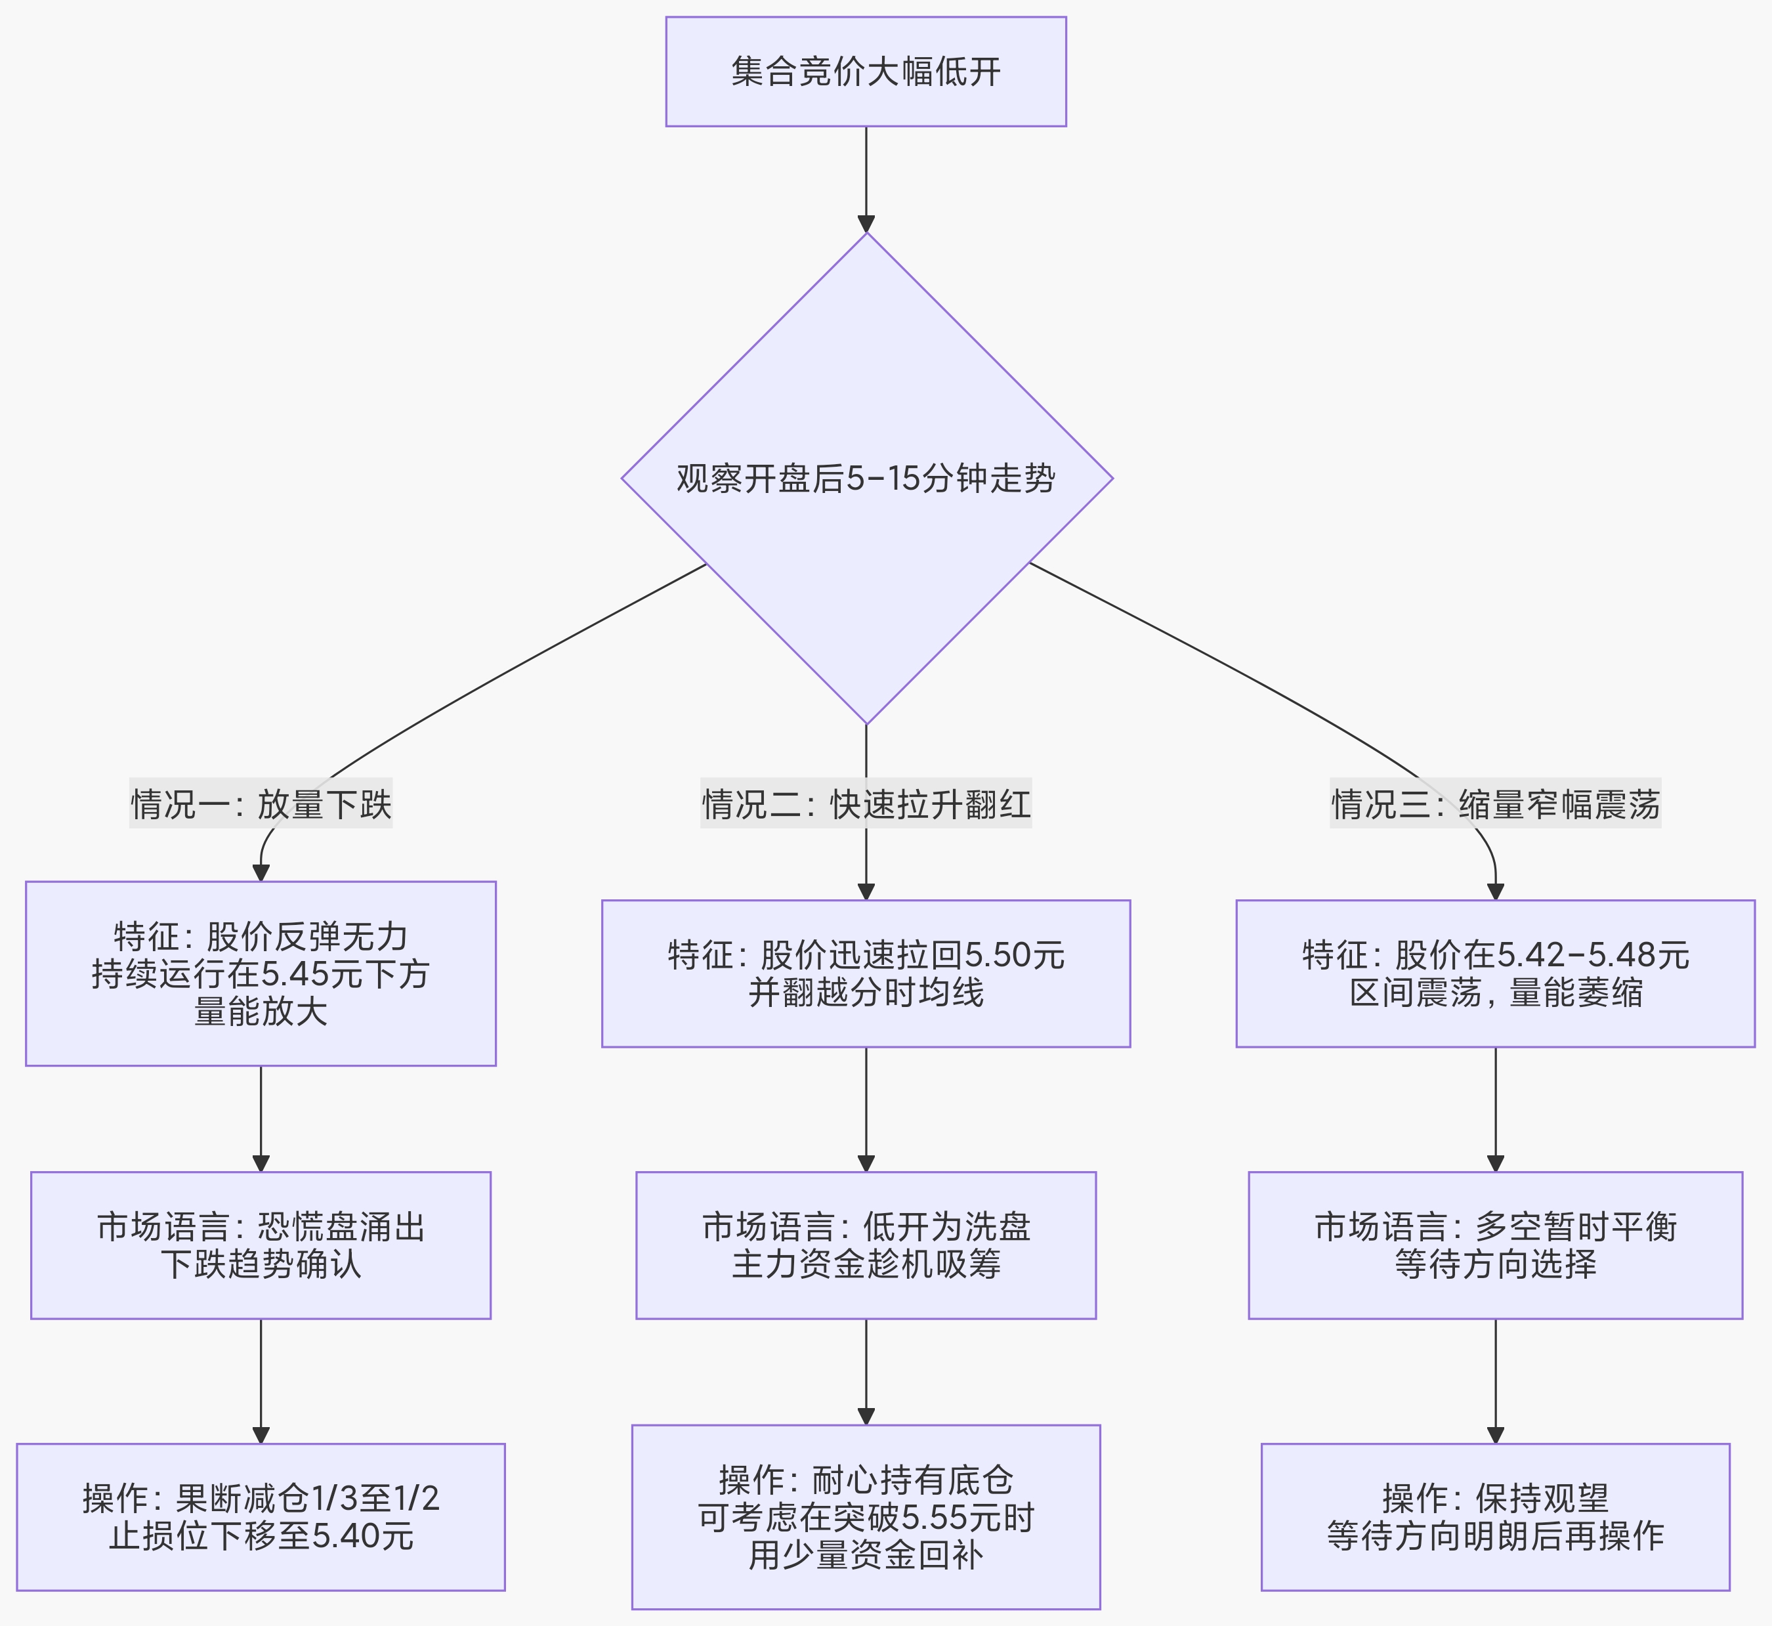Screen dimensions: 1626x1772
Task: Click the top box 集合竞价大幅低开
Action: (866, 72)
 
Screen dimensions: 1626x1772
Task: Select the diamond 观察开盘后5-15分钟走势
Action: (866, 478)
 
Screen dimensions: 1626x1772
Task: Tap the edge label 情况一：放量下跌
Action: (261, 803)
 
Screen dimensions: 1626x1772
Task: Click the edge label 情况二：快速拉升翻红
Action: (866, 803)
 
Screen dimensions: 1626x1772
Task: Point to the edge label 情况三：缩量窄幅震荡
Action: (1495, 803)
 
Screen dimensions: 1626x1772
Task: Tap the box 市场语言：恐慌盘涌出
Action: (261, 1245)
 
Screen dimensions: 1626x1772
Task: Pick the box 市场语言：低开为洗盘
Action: (866, 1245)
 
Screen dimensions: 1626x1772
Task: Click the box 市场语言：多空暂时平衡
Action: (1495, 1245)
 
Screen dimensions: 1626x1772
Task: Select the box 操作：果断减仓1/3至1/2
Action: (261, 1517)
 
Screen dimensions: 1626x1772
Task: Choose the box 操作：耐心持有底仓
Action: (866, 1517)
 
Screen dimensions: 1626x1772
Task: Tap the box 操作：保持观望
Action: (1495, 1517)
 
